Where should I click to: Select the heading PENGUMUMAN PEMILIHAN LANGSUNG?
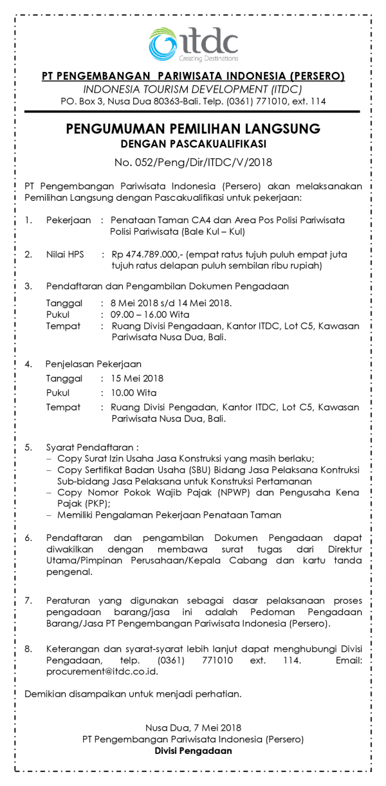tap(193, 129)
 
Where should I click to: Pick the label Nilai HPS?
tap(64, 255)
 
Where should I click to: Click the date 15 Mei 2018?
tap(137, 378)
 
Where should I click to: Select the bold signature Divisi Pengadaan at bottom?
tap(193, 751)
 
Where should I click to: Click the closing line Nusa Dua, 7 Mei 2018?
tap(193, 727)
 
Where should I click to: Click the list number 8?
tap(28, 649)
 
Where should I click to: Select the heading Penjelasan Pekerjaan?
tap(93, 364)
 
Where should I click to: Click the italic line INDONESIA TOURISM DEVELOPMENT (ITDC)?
tap(193, 89)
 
